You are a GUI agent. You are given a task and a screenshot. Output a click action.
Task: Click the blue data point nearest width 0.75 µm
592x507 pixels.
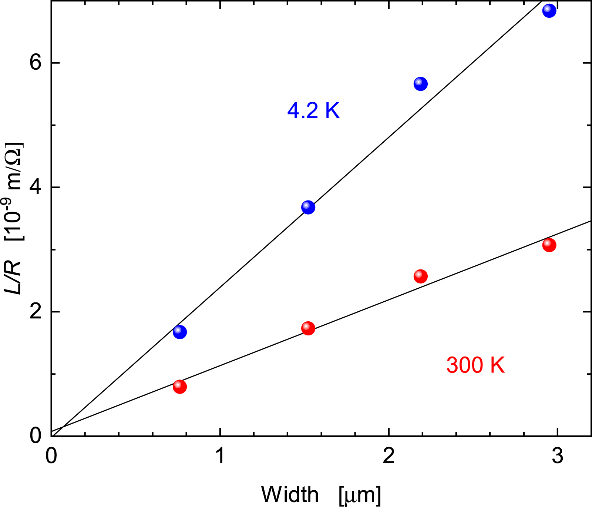point(180,332)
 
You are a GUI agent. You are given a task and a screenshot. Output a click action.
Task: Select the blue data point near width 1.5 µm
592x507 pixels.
point(308,207)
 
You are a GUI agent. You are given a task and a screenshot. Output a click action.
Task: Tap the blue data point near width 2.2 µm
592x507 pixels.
point(420,84)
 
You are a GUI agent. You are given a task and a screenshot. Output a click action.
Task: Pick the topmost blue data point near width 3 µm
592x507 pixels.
point(549,10)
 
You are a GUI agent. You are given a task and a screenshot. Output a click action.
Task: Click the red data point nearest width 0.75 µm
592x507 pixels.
point(180,387)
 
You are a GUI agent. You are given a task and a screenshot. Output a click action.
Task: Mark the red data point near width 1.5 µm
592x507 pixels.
point(308,328)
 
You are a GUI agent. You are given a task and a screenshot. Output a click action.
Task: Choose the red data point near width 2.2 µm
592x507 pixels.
point(420,276)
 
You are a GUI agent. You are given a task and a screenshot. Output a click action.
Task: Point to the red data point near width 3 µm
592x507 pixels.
point(549,245)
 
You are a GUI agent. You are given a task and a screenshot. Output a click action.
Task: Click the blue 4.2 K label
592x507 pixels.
point(313,110)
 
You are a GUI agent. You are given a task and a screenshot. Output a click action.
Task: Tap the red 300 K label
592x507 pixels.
point(475,365)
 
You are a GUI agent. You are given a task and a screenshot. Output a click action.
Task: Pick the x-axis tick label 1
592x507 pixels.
point(220,456)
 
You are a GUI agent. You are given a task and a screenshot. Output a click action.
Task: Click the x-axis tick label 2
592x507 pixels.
point(388,456)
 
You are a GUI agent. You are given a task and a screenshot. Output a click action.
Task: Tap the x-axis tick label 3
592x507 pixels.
point(557,456)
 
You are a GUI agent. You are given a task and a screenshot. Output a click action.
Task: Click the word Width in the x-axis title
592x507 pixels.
point(290,494)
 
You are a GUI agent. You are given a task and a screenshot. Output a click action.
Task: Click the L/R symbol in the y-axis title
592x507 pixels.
point(14,277)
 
